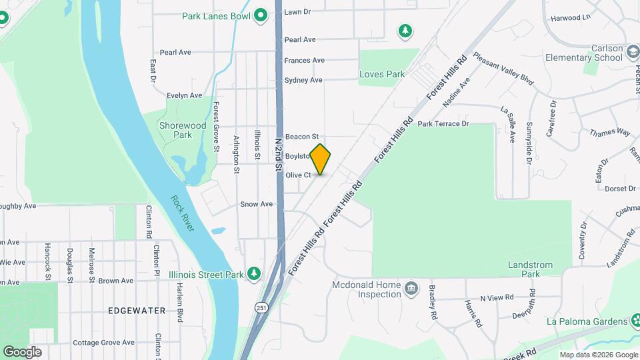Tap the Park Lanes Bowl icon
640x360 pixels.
pos(261,15)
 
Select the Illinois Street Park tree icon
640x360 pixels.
pos(253,273)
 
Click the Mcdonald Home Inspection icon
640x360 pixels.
pos(411,288)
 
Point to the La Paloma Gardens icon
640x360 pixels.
pos(633,321)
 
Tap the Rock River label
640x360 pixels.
pos(182,213)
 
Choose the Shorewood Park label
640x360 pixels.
pos(183,130)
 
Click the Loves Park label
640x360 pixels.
pos(382,74)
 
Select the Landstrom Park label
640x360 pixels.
pos(531,269)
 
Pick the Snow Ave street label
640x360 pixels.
pos(257,204)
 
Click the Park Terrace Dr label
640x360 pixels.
pos(443,124)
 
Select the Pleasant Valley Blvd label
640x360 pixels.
pos(503,69)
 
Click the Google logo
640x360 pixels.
pos(22,351)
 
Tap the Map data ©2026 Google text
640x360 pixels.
pos(598,355)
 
